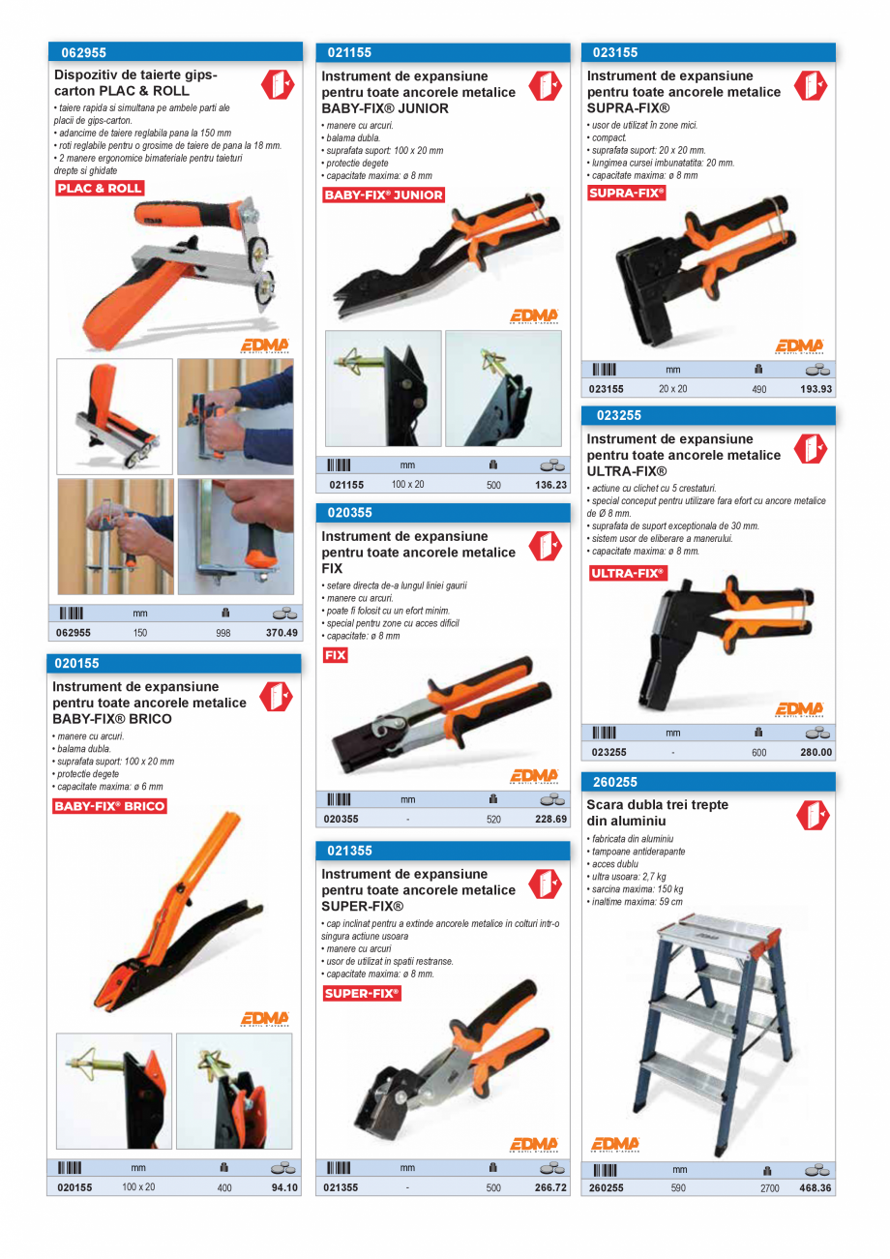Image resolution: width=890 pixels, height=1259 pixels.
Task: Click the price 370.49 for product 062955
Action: click(x=282, y=633)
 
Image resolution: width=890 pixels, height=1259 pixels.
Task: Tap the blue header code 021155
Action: click(x=349, y=53)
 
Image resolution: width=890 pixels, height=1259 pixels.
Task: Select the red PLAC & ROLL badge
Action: click(x=100, y=189)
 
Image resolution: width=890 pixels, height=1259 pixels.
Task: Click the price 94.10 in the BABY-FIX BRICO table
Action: click(x=284, y=1187)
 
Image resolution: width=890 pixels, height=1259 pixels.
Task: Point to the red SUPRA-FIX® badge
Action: click(x=627, y=194)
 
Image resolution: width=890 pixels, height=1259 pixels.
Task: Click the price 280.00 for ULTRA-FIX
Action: click(x=816, y=752)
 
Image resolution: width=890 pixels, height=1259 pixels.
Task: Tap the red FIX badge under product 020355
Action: click(x=335, y=656)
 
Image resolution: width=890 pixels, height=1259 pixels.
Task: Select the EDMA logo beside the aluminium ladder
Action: click(x=615, y=1144)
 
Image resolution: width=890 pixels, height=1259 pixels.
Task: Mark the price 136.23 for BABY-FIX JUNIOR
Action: click(x=550, y=485)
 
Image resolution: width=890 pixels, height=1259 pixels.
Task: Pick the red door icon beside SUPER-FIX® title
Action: click(x=545, y=883)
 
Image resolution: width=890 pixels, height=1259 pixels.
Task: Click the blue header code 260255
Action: click(x=615, y=782)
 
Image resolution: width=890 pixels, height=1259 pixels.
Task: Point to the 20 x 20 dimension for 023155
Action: click(x=672, y=389)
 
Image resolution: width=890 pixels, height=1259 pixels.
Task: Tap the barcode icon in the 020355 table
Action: click(x=339, y=799)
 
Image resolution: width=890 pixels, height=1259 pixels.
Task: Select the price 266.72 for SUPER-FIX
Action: click(x=550, y=1187)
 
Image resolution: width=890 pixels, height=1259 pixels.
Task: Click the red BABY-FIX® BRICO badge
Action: click(x=109, y=806)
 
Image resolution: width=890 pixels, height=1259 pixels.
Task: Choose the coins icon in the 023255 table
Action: click(x=817, y=733)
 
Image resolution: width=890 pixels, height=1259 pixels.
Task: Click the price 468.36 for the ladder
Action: click(x=816, y=1188)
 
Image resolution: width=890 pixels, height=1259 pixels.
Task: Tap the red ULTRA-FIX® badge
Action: click(x=628, y=574)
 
